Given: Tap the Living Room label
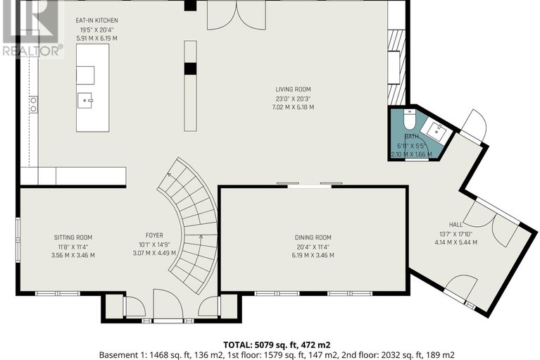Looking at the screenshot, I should [293, 89].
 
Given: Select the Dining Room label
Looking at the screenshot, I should [313, 237].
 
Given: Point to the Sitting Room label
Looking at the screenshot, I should [73, 237].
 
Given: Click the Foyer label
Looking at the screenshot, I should [154, 237].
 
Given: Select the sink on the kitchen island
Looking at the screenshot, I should [88, 101].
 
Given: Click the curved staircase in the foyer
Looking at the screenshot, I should [190, 225].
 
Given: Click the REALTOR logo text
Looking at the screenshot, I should [32, 50].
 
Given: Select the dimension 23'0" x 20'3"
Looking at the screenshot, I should [293, 99].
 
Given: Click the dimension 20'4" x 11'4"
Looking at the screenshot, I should [313, 247].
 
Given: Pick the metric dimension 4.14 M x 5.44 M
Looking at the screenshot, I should [455, 242].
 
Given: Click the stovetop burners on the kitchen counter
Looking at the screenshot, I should [32, 105].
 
